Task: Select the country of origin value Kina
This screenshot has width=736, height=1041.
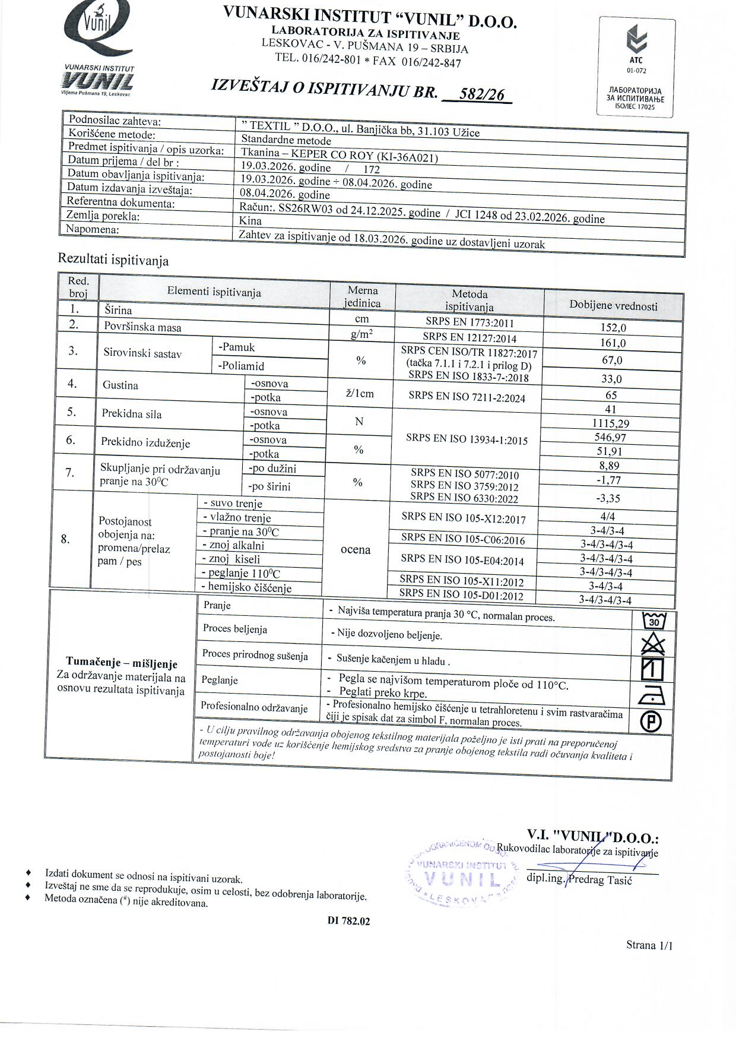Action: coord(250,220)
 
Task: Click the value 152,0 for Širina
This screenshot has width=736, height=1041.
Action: coord(613,327)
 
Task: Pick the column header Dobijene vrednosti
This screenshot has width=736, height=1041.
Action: coord(613,306)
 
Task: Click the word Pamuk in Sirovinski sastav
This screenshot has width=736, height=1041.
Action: coord(237,347)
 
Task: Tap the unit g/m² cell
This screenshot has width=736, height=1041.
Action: coord(361,335)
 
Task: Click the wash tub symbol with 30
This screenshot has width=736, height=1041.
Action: coord(654,621)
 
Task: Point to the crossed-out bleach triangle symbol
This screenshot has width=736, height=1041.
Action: coord(653,645)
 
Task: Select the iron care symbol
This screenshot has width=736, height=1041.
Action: coord(653,694)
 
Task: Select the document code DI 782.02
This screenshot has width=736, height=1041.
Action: coord(348,921)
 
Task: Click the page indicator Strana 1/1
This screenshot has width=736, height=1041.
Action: coord(649,945)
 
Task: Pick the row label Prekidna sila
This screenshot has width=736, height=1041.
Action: coord(132,414)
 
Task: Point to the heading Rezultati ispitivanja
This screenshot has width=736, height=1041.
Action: coord(113,260)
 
